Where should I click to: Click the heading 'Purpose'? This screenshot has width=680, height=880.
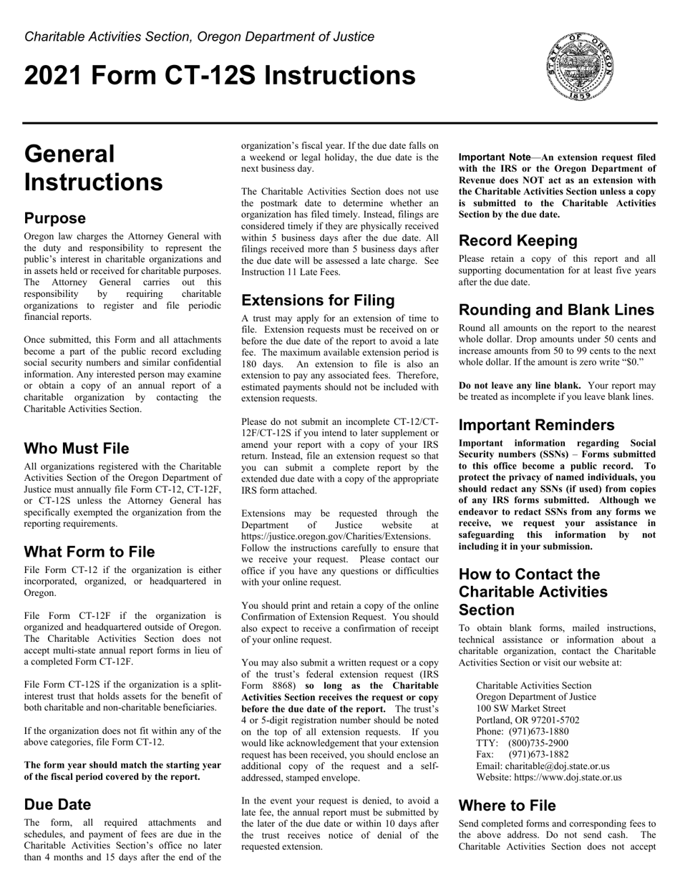click(x=54, y=218)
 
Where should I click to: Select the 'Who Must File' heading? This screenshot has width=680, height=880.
click(x=77, y=449)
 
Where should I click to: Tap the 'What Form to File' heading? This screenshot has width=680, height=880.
click(x=89, y=552)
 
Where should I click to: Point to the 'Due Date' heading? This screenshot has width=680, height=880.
click(x=57, y=804)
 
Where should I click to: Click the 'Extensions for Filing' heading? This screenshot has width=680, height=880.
click(x=318, y=300)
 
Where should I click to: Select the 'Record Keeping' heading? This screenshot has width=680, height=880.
click(x=518, y=240)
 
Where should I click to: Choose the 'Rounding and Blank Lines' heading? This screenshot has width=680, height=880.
click(x=556, y=310)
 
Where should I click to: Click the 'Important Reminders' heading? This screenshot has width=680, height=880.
click(x=536, y=426)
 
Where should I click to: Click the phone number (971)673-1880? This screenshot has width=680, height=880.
click(x=538, y=731)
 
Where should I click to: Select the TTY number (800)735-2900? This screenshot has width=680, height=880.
click(x=538, y=743)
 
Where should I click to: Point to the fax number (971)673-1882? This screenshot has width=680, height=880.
click(x=538, y=754)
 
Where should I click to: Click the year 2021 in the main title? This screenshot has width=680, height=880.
click(x=52, y=76)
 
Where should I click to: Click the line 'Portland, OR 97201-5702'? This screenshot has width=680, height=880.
click(x=528, y=720)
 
